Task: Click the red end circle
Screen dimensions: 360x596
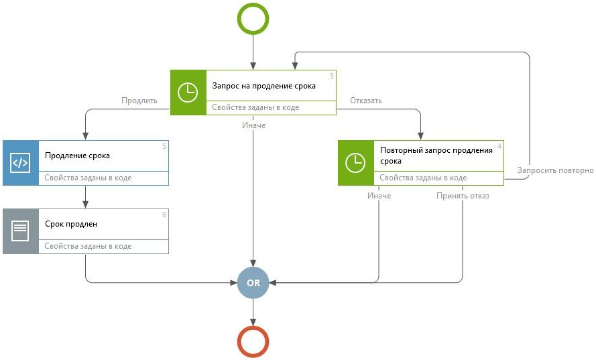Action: pos(253,341)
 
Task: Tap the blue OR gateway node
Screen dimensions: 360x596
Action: pos(253,283)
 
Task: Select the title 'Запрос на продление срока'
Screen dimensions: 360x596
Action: pos(263,86)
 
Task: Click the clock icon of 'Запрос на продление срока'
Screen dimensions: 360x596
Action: pos(187,93)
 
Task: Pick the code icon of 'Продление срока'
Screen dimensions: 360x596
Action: pos(20,162)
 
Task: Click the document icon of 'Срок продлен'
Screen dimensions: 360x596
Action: pos(20,231)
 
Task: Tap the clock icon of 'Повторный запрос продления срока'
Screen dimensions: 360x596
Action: pos(355,162)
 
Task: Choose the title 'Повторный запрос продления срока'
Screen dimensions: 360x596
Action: pos(436,156)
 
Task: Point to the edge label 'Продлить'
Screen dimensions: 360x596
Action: pos(139,101)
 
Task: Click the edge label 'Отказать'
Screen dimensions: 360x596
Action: pos(366,101)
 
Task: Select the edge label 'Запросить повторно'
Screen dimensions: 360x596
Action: pos(556,170)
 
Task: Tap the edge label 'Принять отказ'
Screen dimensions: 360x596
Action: pos(463,196)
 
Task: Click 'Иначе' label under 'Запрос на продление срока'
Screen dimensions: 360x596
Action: pos(254,125)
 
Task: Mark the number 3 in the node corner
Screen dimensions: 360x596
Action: pos(331,76)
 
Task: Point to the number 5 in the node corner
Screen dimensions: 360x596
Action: pos(164,145)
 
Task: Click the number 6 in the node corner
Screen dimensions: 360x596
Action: pos(164,215)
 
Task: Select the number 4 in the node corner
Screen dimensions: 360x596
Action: pos(499,145)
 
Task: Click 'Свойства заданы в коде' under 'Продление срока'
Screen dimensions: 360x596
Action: pos(88,178)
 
